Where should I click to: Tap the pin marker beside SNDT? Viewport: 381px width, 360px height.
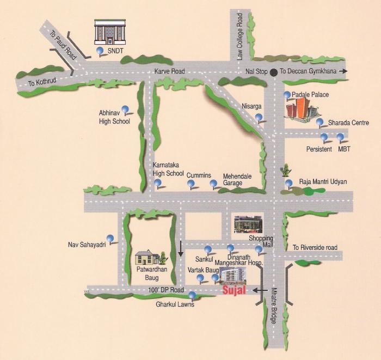(x=100, y=51)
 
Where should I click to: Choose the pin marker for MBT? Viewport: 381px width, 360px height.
(x=340, y=137)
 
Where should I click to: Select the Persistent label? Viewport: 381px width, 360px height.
(x=319, y=149)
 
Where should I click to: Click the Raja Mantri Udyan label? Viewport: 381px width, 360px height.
(x=323, y=182)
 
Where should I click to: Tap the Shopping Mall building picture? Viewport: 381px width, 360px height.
(x=248, y=224)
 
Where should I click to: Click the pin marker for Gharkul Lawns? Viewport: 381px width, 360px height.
(x=192, y=295)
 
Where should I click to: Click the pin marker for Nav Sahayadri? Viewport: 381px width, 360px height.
(x=110, y=238)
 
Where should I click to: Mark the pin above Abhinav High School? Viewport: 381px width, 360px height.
(x=125, y=109)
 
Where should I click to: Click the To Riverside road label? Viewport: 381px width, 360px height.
(x=315, y=247)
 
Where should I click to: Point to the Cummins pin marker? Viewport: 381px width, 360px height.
(x=190, y=184)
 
